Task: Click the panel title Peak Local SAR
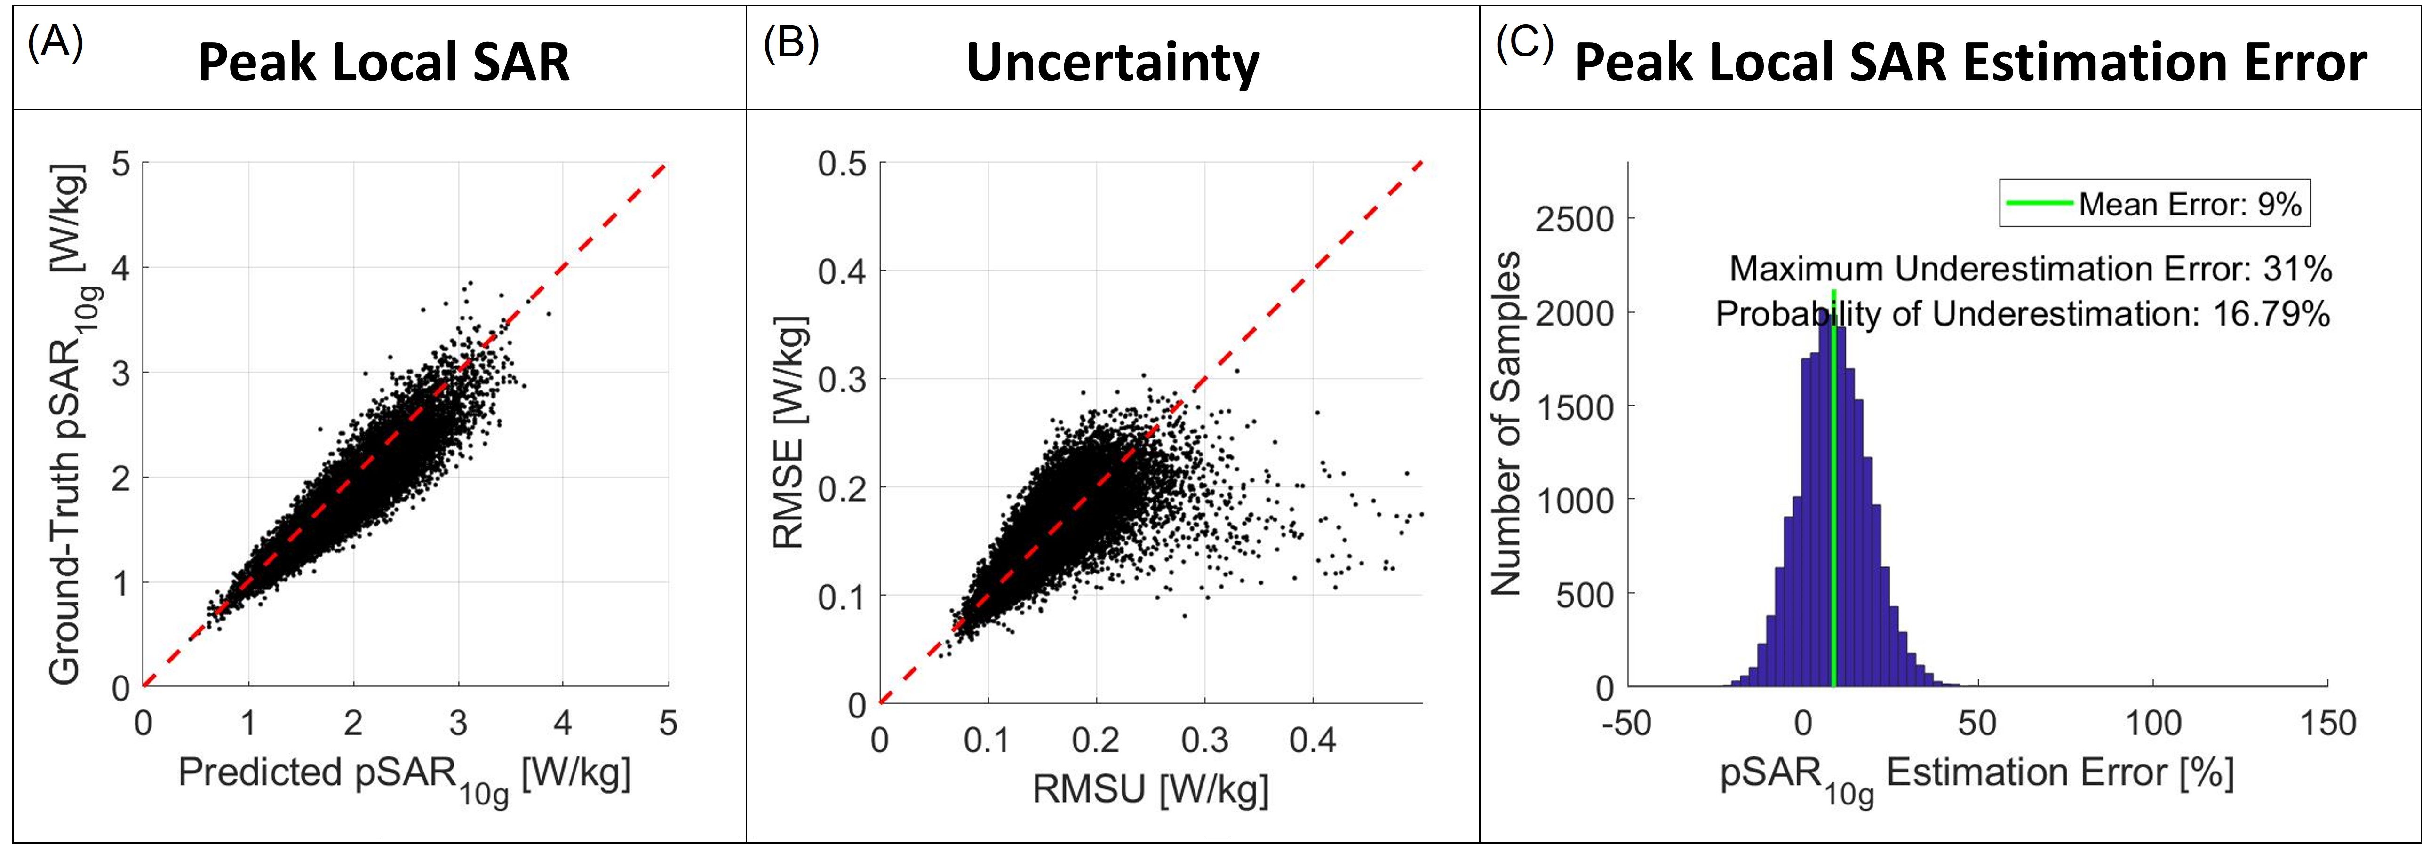(383, 63)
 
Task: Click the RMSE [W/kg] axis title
(788, 432)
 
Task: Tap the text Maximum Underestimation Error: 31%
(2031, 270)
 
